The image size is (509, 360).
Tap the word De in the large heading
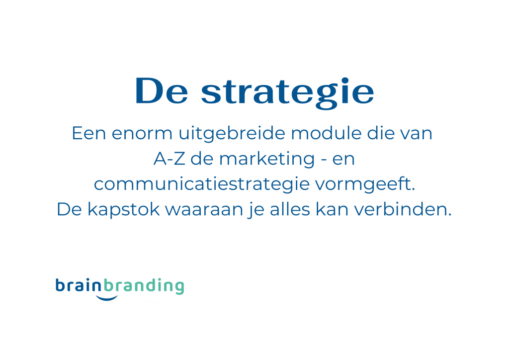(162, 91)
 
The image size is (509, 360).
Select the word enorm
(142, 133)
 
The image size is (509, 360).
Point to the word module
(326, 133)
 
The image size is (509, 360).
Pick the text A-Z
(169, 159)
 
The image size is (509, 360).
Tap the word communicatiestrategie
(202, 184)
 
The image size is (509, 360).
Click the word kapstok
(123, 209)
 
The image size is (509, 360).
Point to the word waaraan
(204, 210)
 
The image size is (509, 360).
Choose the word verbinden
(403, 209)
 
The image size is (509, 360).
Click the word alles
(290, 209)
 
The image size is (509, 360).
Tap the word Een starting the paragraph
(89, 133)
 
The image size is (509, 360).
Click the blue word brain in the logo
(79, 285)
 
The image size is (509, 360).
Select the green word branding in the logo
(144, 286)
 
